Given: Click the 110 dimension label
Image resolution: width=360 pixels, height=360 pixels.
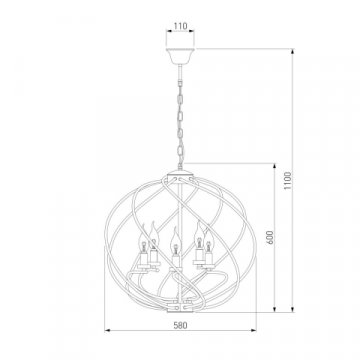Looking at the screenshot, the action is click(180, 26).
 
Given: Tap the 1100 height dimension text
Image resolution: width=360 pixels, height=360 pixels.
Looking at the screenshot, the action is click(288, 181).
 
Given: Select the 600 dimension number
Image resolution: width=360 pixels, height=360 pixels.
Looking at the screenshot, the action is click(270, 237).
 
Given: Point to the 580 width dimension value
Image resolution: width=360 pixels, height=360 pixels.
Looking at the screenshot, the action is click(180, 325).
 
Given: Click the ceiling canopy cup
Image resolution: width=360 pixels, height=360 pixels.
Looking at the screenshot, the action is click(180, 56).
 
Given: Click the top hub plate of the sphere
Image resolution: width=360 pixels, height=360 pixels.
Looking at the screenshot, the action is click(180, 174).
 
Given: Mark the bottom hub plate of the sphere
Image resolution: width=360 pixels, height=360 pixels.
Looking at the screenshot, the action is click(180, 311).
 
